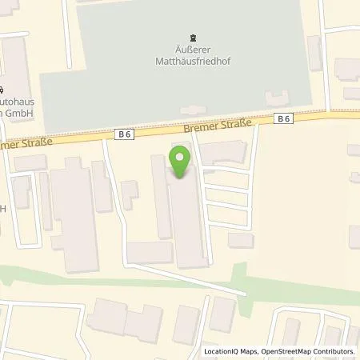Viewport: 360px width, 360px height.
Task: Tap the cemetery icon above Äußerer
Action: coord(191,37)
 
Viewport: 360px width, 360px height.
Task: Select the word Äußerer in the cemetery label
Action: coord(191,48)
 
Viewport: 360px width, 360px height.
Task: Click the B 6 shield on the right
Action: coord(282,118)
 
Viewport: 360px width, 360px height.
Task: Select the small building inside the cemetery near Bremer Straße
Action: coord(192,110)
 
